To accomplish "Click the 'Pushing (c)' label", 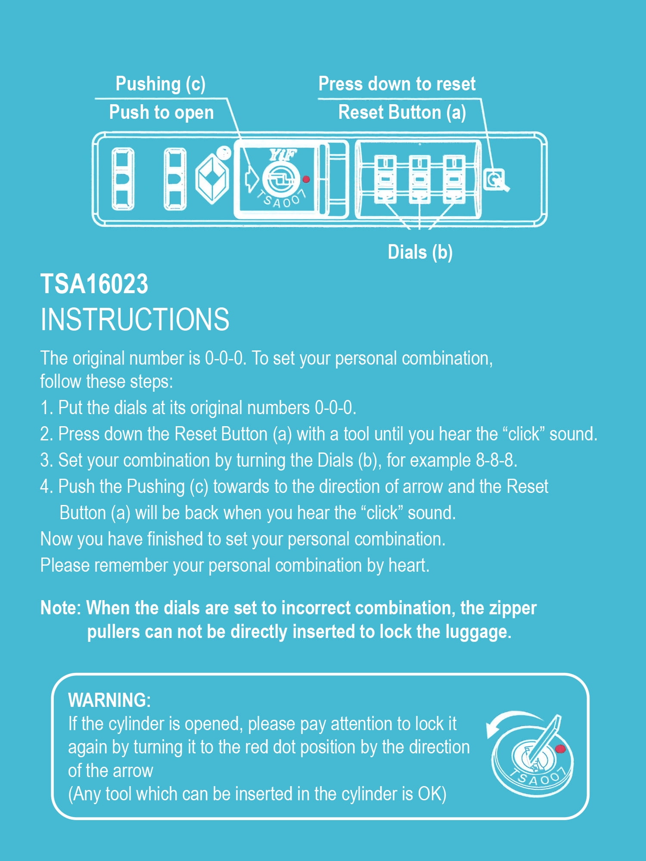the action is [x=161, y=84].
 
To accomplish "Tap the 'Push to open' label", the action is [x=161, y=112].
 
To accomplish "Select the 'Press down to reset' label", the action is [x=397, y=84].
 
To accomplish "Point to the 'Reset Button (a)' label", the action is [x=402, y=112].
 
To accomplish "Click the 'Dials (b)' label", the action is [x=420, y=252].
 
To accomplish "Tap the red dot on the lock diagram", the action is [x=306, y=179].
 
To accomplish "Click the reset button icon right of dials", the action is [x=496, y=180].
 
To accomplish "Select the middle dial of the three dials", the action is [x=419, y=179].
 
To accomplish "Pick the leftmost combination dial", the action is [x=385, y=179].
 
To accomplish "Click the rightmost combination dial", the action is [x=454, y=179].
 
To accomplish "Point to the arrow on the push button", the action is [x=251, y=178].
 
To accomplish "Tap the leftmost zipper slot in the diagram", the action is [x=123, y=179].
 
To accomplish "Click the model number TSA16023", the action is [x=94, y=284].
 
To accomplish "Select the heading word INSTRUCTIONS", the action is [x=135, y=319].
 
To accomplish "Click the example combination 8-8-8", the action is [x=496, y=460].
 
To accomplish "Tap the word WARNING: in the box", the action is [x=109, y=700].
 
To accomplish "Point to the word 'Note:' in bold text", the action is [x=61, y=608].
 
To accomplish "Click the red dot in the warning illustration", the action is [x=560, y=749].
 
